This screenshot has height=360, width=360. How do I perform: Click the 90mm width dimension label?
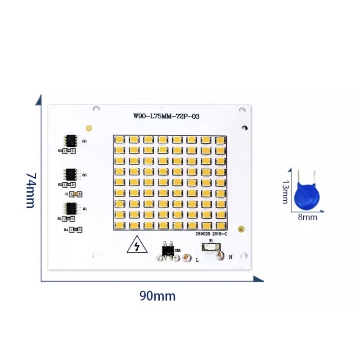coord(157,296)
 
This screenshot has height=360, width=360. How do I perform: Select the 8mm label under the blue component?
coord(308,217)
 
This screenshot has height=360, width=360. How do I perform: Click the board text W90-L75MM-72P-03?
coord(166,117)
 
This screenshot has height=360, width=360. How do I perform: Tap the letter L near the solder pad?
coord(197,260)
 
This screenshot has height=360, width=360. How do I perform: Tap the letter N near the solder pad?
coord(231,257)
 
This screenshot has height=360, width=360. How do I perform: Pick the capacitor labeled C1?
coord(76,194)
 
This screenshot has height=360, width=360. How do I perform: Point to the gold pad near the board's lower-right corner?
coord(241,229)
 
